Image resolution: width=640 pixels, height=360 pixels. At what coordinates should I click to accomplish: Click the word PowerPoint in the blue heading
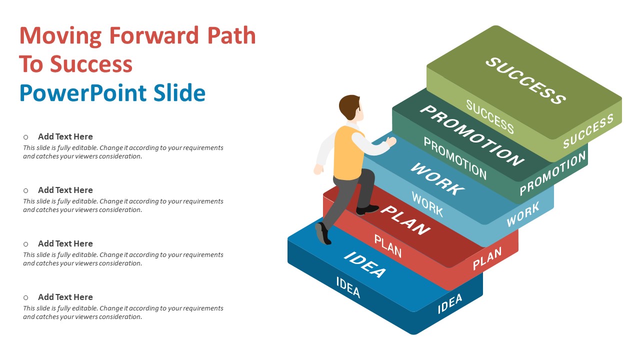click(83, 93)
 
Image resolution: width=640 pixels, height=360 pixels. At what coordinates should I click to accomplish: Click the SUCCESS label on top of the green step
click(525, 81)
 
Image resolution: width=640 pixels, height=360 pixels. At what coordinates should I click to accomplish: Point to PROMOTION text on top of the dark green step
click(472, 135)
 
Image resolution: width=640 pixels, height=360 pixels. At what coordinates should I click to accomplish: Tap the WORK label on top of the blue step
click(437, 179)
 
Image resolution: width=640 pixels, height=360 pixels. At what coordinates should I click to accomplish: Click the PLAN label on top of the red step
click(405, 220)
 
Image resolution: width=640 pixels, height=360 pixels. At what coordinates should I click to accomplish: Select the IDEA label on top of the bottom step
click(365, 264)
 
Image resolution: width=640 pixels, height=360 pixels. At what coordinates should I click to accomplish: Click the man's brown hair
click(348, 106)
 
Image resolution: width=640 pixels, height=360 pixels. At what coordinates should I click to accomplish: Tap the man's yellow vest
click(348, 153)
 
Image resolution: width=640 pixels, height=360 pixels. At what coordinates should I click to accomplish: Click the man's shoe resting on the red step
click(367, 209)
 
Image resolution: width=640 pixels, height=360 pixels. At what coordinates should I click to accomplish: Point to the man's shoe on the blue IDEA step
click(323, 233)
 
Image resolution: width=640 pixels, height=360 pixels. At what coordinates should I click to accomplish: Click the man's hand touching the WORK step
click(391, 141)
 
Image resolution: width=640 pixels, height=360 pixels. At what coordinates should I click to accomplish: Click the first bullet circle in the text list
click(25, 137)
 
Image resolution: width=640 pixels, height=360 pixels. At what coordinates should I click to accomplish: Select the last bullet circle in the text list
click(25, 297)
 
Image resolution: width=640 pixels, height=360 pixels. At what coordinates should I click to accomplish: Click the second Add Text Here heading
click(65, 190)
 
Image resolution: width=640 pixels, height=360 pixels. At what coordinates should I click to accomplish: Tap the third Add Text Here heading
click(65, 243)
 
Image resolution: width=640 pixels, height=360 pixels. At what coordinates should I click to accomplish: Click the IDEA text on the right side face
click(450, 303)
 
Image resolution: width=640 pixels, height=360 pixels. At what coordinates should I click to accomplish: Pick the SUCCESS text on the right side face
click(588, 131)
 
